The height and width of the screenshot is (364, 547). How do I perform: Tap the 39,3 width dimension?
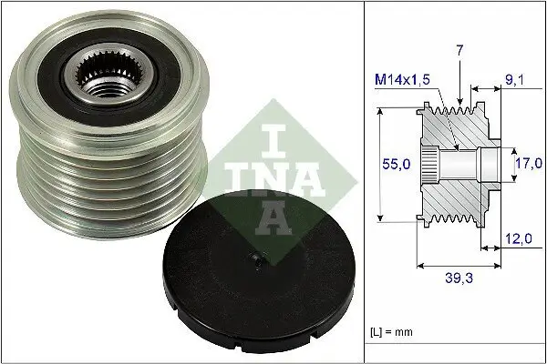457,279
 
